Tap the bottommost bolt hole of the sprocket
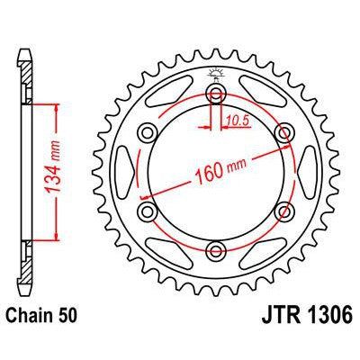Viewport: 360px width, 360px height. click(215, 249)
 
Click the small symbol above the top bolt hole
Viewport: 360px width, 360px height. click(215, 75)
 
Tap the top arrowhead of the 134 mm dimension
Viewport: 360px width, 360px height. click(60, 107)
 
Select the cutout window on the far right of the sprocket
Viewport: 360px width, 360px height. click(309, 172)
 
